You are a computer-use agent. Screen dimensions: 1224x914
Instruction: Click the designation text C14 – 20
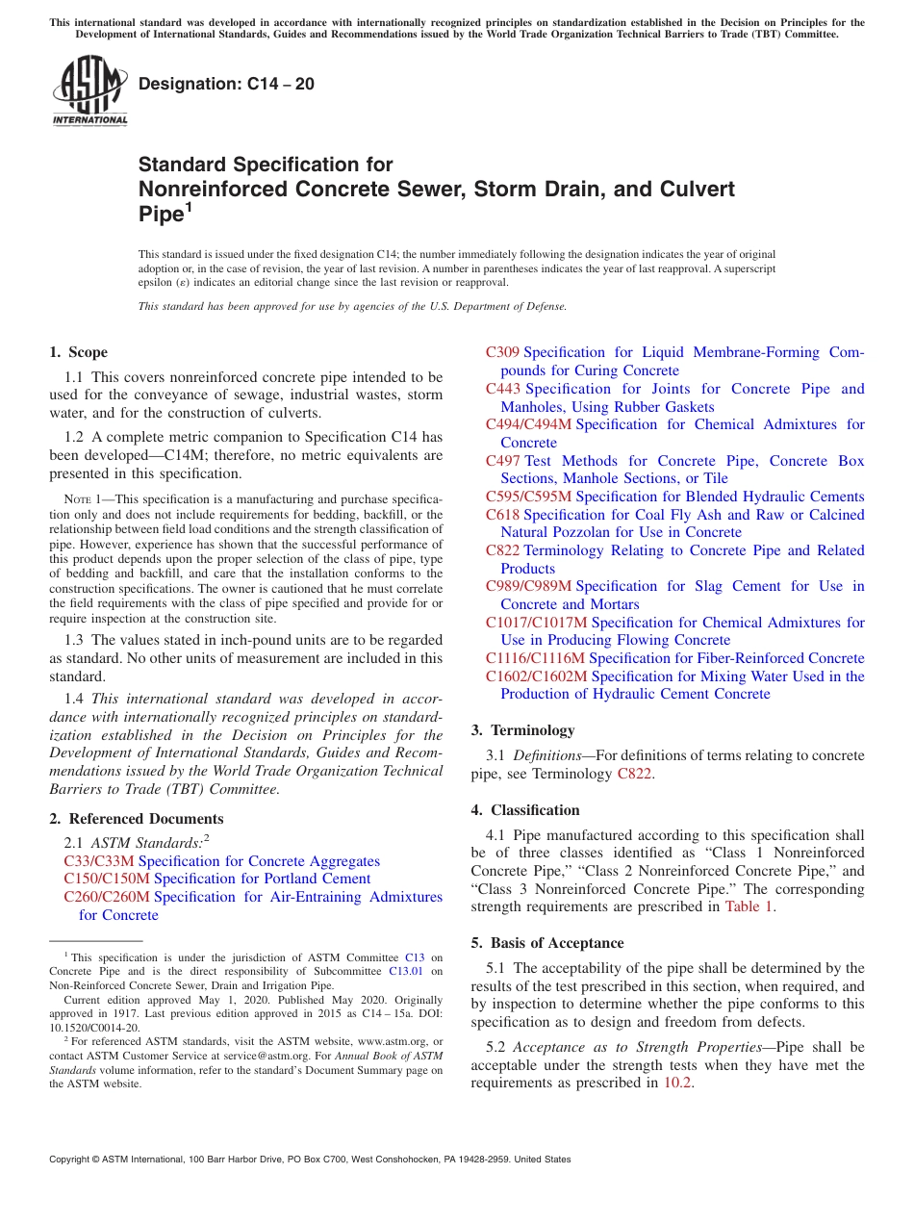coord(226,85)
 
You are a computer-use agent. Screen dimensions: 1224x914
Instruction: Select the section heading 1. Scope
coord(79,352)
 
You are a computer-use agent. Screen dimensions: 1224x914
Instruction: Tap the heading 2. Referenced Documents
coord(137,819)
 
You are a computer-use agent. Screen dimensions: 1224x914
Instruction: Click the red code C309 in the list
coord(502,352)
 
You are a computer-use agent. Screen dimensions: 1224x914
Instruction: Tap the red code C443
coord(503,389)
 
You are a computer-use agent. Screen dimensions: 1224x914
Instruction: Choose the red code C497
coord(503,461)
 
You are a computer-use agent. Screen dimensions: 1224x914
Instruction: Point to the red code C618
coord(503,515)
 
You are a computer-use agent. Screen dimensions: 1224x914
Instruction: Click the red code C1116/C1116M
coord(535,658)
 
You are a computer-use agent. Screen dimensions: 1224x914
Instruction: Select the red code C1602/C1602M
coord(536,676)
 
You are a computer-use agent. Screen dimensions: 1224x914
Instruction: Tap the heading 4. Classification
coord(525,810)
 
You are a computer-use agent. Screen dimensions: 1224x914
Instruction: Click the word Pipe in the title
coord(161,215)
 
